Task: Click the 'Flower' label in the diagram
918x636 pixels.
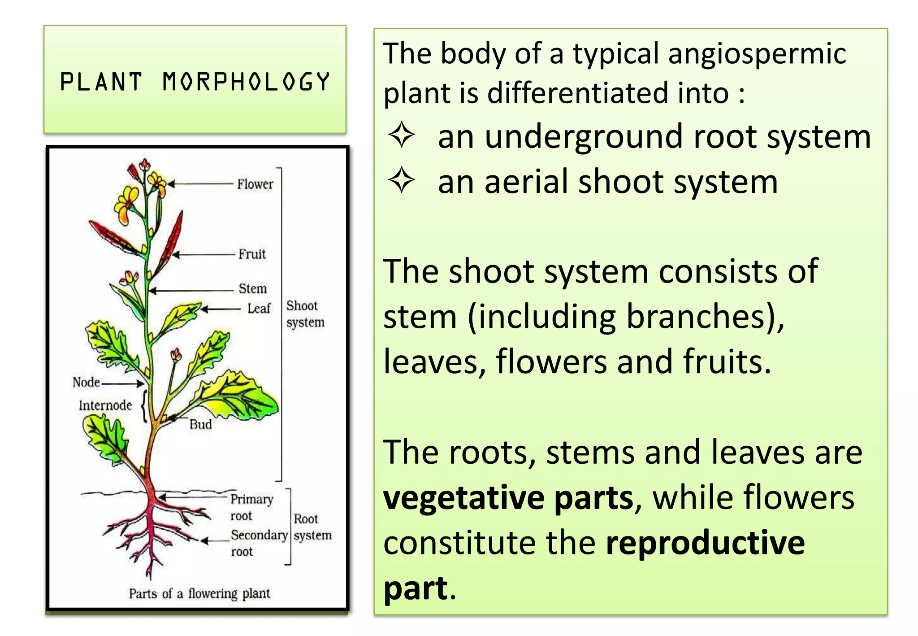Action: tap(255, 184)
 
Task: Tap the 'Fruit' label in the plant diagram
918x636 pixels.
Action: tap(252, 254)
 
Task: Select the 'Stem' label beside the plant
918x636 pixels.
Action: tap(252, 288)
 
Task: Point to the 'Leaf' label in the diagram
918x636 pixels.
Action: tap(259, 309)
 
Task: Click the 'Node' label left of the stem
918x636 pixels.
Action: tap(86, 383)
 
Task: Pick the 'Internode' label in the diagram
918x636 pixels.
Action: tap(105, 405)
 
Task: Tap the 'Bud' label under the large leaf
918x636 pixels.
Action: tap(200, 424)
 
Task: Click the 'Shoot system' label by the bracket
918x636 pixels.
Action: tap(305, 314)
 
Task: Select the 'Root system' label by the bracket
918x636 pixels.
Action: tap(312, 527)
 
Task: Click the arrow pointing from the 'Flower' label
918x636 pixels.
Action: tap(202, 184)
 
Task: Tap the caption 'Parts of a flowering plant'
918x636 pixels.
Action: tap(199, 594)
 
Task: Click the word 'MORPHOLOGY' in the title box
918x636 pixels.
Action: tap(246, 82)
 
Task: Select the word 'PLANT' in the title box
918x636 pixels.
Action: tap(101, 82)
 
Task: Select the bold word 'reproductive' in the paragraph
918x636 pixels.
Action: tap(705, 543)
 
